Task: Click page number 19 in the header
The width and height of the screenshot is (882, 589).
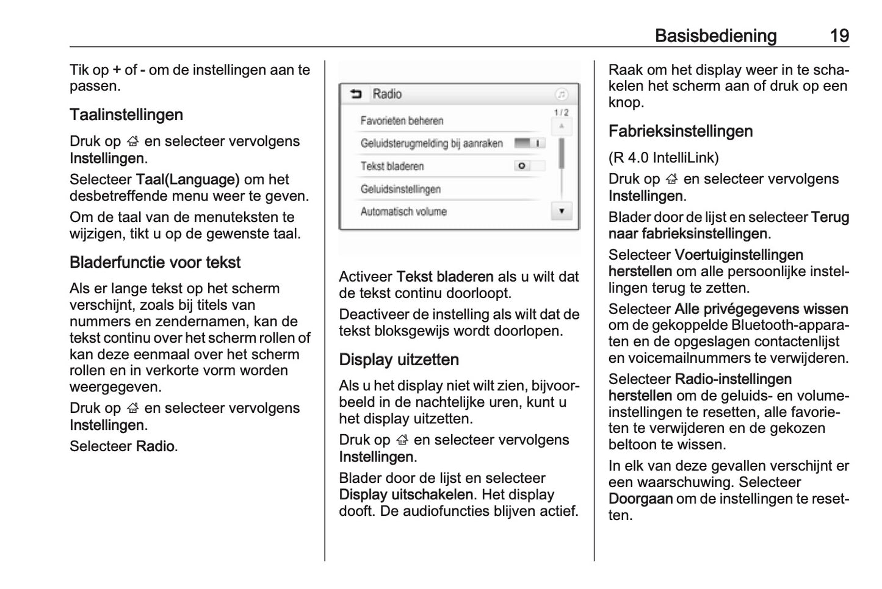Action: click(839, 36)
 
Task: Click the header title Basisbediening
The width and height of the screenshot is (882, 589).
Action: click(715, 36)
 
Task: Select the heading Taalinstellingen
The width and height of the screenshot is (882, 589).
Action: click(126, 115)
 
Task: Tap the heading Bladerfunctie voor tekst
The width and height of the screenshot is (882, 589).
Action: click(155, 262)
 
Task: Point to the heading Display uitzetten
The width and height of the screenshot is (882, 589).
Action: click(399, 360)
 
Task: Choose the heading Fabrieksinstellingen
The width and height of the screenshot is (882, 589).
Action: click(681, 131)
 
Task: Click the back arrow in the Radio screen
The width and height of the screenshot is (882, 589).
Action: click(356, 94)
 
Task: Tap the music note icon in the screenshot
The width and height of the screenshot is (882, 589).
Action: click(562, 95)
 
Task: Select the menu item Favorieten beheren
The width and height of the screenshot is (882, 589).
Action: click(402, 121)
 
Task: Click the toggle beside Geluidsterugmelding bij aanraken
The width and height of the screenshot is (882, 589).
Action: click(529, 143)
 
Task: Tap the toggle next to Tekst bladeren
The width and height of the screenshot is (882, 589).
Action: click(529, 166)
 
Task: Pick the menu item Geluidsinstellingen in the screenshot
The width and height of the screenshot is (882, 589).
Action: click(400, 189)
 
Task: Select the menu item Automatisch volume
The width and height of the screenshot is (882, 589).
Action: click(403, 212)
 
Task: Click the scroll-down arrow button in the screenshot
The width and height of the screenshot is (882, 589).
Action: click(562, 212)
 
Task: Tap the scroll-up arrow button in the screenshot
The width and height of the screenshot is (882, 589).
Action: click(562, 127)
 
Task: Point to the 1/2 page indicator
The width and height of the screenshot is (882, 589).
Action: click(561, 113)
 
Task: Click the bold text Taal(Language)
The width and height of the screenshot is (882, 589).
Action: click(187, 179)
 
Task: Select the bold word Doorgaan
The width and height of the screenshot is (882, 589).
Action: click(640, 499)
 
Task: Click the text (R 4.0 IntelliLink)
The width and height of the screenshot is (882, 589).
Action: click(663, 157)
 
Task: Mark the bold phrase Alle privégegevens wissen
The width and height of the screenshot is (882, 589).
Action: click(761, 309)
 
